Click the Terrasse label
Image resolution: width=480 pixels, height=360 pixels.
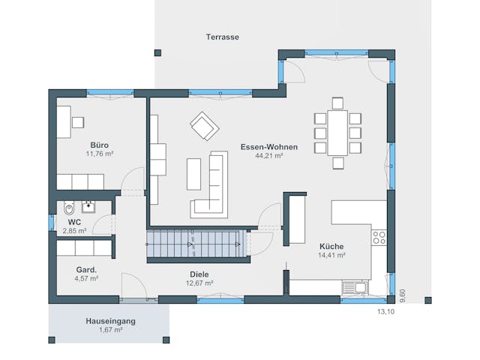(x=223, y=37)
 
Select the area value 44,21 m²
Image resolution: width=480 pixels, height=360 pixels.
(x=268, y=156)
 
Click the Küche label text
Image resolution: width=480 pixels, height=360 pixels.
(x=331, y=246)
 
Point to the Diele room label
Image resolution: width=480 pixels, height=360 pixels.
(x=199, y=274)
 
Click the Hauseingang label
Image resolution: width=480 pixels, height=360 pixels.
(x=110, y=321)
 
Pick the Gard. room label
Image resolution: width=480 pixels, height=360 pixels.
(x=86, y=268)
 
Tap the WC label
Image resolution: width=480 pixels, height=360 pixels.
(x=74, y=223)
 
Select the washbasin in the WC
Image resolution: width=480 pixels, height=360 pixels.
(x=88, y=205)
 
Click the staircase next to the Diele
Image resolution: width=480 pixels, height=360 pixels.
(x=196, y=243)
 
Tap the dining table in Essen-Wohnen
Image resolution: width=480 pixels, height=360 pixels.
(x=338, y=133)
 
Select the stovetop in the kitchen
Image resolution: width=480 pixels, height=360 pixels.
(x=379, y=238)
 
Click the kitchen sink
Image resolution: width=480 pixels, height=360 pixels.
(x=354, y=286)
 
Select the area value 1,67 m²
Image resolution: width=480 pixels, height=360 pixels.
(x=110, y=330)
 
